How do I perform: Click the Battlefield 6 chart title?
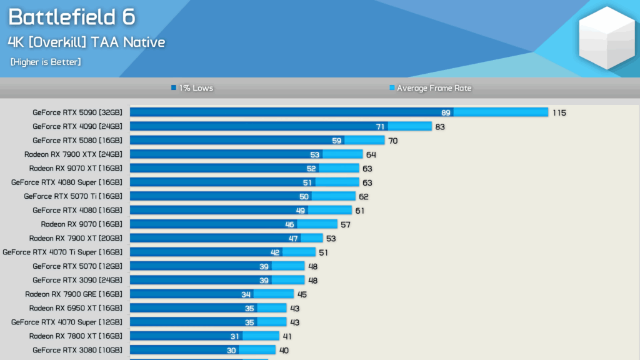pyautogui.click(x=71, y=17)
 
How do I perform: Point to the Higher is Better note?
pyautogui.click(x=46, y=62)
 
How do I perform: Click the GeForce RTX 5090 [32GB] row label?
pyautogui.click(x=77, y=112)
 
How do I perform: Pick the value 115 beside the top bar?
pyautogui.click(x=559, y=112)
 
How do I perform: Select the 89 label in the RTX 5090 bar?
pyautogui.click(x=445, y=112)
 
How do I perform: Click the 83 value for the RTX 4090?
pyautogui.click(x=441, y=127)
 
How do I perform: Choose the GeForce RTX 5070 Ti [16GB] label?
pyautogui.click(x=73, y=196)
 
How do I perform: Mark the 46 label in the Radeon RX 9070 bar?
pyautogui.click(x=289, y=224)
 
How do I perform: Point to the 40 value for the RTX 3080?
pyautogui.click(x=284, y=351)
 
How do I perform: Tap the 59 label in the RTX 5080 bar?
pyautogui.click(x=336, y=141)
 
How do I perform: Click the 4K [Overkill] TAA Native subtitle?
pyautogui.click(x=86, y=42)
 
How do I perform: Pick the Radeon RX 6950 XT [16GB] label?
pyautogui.click(x=76, y=308)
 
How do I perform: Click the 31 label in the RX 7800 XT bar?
pyautogui.click(x=235, y=336)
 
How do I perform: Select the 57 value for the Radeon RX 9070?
pyautogui.click(x=346, y=224)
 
